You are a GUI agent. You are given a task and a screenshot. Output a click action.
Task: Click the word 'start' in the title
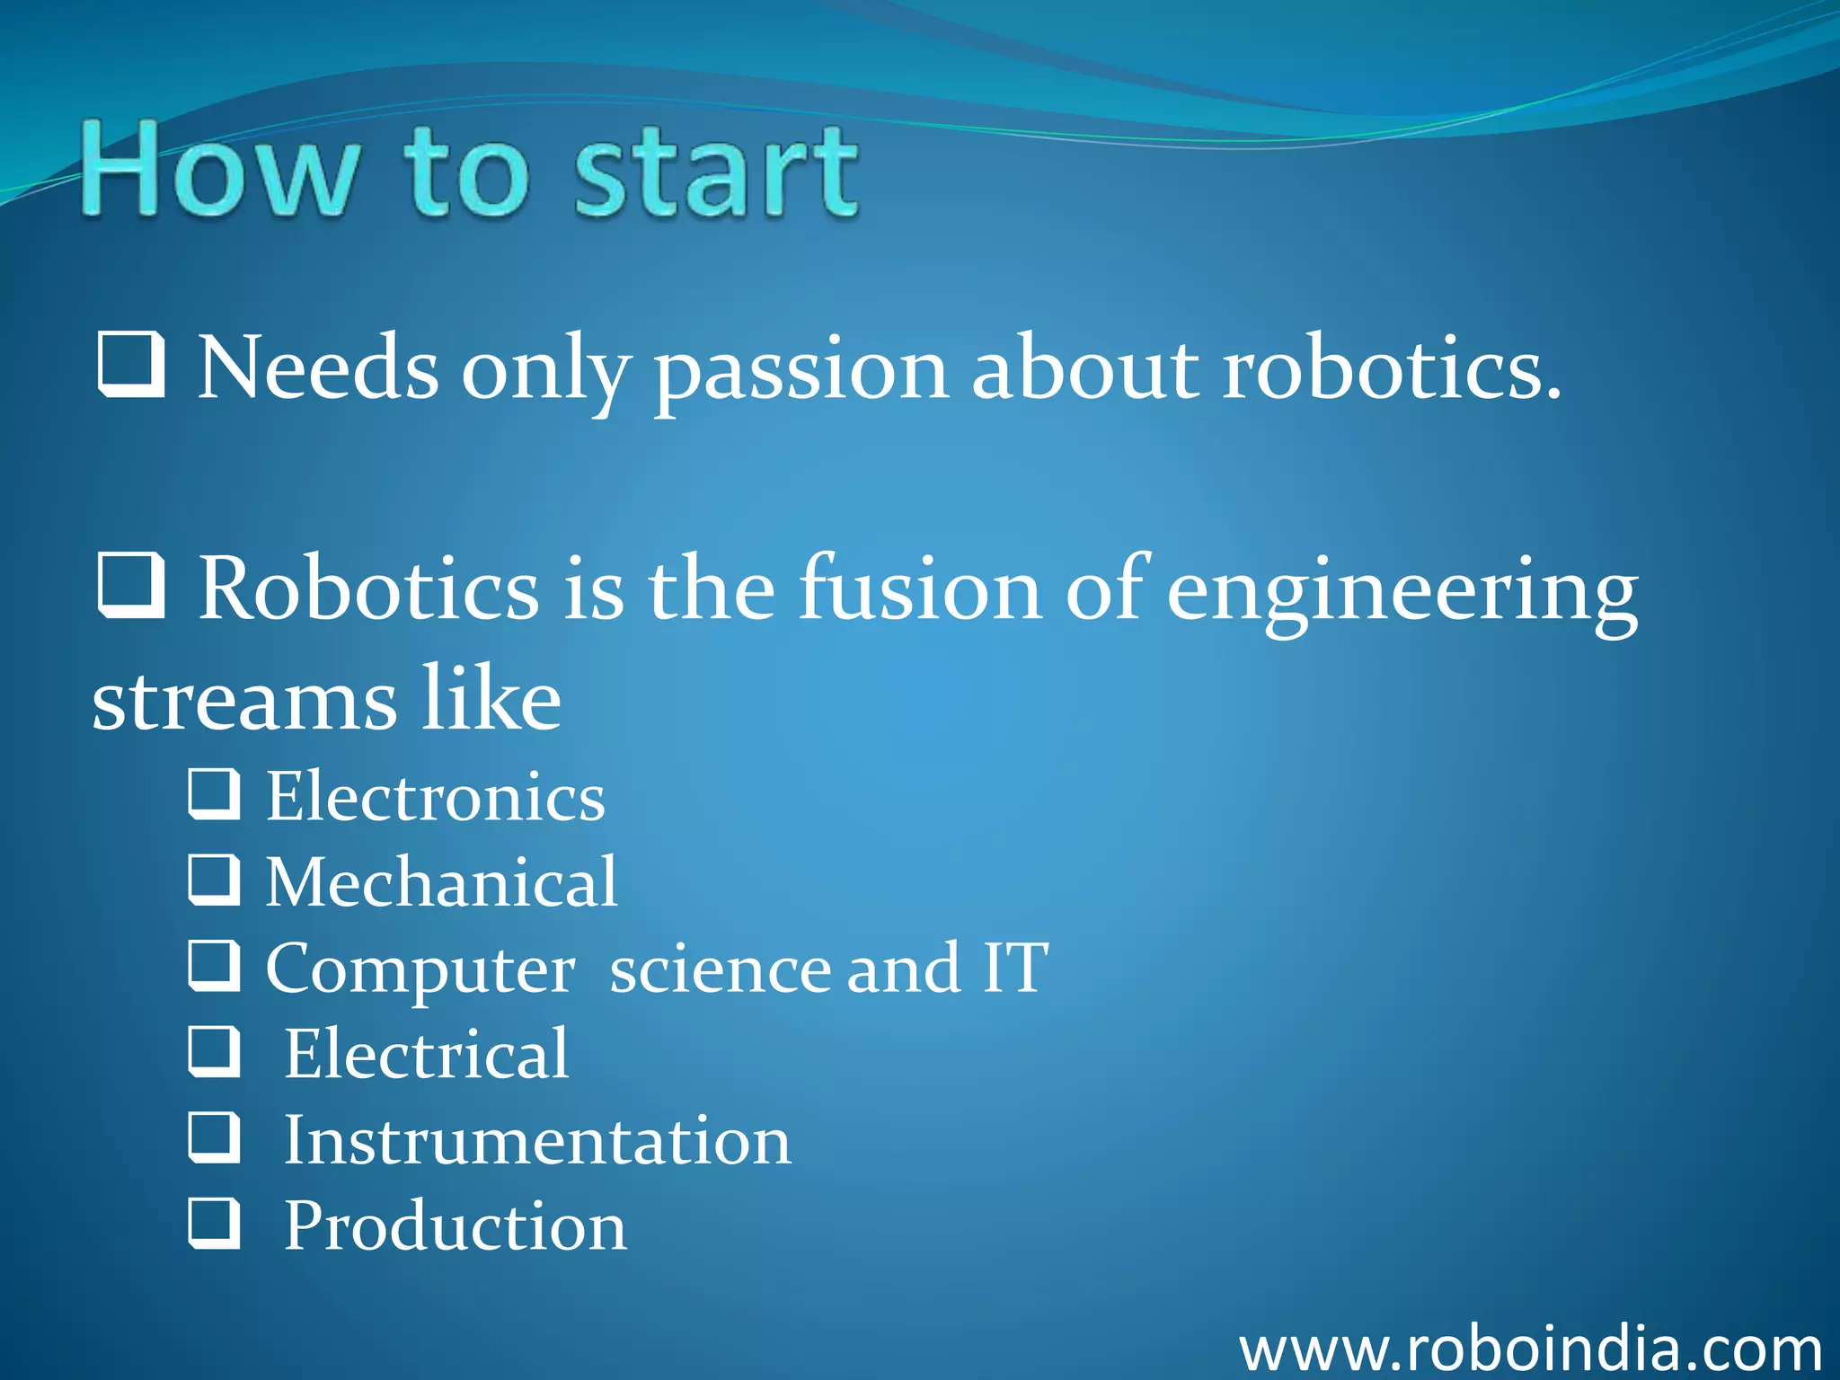[x=716, y=172]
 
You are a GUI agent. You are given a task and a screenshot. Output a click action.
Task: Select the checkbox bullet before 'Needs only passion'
[x=131, y=365]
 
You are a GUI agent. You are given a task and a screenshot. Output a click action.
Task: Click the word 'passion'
[x=800, y=370]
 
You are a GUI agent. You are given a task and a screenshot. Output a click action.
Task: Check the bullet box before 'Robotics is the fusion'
[x=131, y=587]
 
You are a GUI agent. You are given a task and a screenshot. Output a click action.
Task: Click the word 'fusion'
[x=921, y=588]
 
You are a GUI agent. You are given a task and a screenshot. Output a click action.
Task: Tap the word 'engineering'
[x=1402, y=593]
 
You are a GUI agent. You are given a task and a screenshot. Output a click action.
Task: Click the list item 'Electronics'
[x=436, y=797]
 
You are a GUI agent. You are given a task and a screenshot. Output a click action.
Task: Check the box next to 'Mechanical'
[x=214, y=880]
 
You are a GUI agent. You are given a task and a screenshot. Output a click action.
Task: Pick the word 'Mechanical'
[x=441, y=882]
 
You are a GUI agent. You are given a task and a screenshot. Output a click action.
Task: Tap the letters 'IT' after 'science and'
[x=1015, y=968]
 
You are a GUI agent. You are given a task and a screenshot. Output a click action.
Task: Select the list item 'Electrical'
[x=427, y=1054]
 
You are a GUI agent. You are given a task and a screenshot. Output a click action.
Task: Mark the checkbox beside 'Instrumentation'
[x=214, y=1137]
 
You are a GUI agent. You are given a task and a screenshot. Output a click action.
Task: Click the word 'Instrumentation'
[x=537, y=1141]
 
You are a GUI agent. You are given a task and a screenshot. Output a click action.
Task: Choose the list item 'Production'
[x=456, y=1226]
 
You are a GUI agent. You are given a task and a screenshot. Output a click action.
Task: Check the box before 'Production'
[x=214, y=1223]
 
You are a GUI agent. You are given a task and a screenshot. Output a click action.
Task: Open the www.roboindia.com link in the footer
[x=1530, y=1349]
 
